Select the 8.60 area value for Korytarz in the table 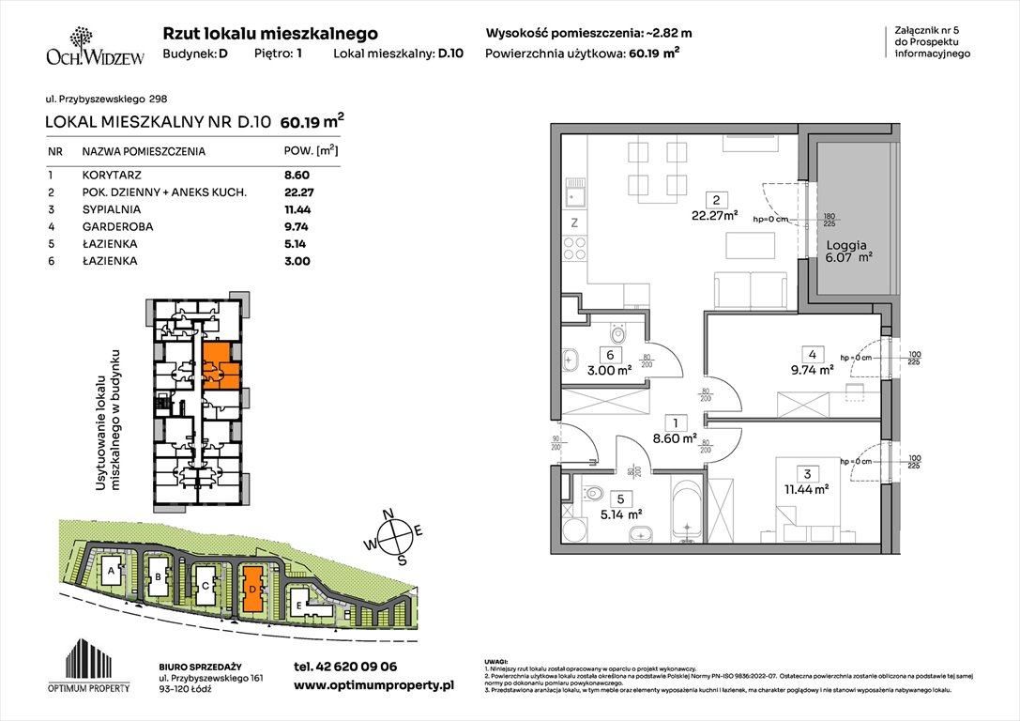[297, 175]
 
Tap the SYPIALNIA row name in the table [111, 209]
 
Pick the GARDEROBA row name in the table [115, 226]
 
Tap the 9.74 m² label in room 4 [813, 369]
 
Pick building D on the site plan [251, 589]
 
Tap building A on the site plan [111, 570]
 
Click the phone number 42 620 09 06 [345, 667]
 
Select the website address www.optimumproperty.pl [373, 686]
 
